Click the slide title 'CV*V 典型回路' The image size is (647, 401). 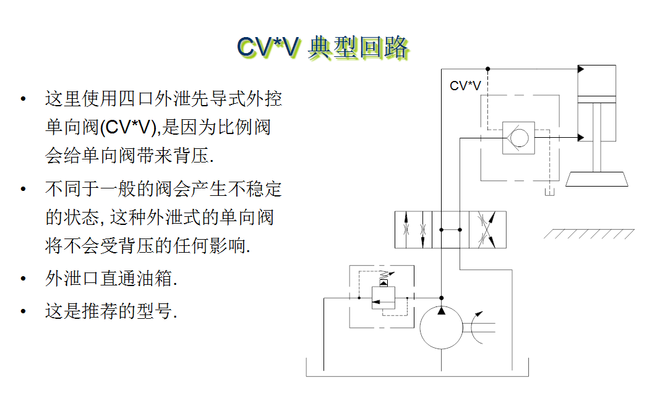(323, 47)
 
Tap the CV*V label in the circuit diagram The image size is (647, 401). (465, 86)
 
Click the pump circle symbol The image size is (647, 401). (441, 327)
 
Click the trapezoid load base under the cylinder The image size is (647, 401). (596, 179)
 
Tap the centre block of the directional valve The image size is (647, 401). (450, 229)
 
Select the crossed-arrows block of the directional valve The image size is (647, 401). (487, 229)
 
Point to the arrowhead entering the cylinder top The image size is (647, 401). (581, 69)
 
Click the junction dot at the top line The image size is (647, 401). (487, 69)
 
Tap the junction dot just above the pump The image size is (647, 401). (441, 298)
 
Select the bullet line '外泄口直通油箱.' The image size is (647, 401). (111, 279)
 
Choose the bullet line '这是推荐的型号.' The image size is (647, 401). (111, 310)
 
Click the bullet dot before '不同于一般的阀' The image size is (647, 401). (24, 188)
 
